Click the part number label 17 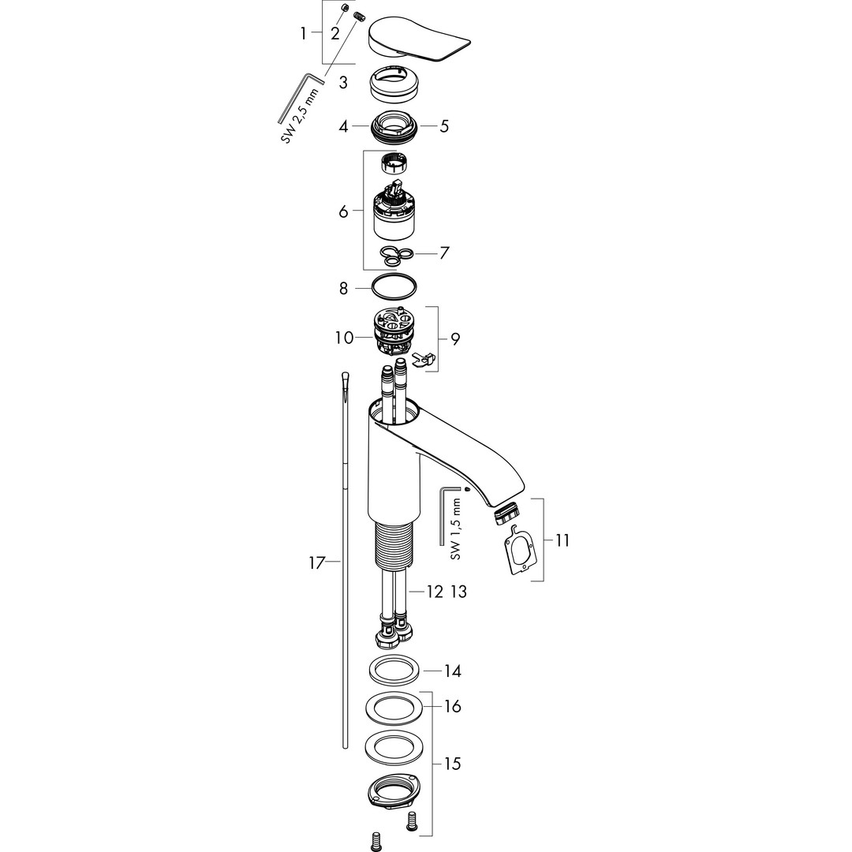point(317,563)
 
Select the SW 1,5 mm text point(456,530)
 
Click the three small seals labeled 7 point(396,256)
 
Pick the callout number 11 point(562,540)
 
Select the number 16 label point(452,706)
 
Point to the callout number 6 point(343,211)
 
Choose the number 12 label point(435,591)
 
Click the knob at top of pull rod point(346,379)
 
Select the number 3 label point(343,83)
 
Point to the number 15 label point(452,764)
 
